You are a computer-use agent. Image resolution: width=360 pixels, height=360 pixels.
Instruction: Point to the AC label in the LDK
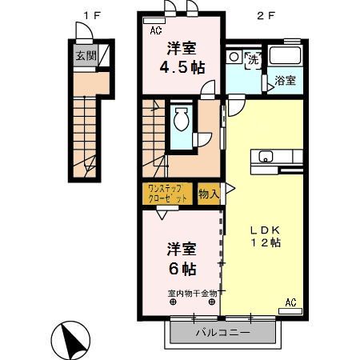click(x=290, y=302)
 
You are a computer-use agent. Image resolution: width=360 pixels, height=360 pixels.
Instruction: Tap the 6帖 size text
click(x=182, y=269)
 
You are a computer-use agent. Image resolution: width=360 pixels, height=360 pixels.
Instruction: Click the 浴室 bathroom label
click(x=286, y=81)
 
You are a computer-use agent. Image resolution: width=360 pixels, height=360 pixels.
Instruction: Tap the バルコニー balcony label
click(x=223, y=333)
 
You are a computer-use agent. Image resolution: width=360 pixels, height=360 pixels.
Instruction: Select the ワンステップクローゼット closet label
click(x=169, y=193)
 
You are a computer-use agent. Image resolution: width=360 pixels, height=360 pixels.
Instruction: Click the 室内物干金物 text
click(x=192, y=293)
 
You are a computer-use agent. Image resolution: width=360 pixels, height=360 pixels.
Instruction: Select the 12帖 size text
click(x=264, y=242)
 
